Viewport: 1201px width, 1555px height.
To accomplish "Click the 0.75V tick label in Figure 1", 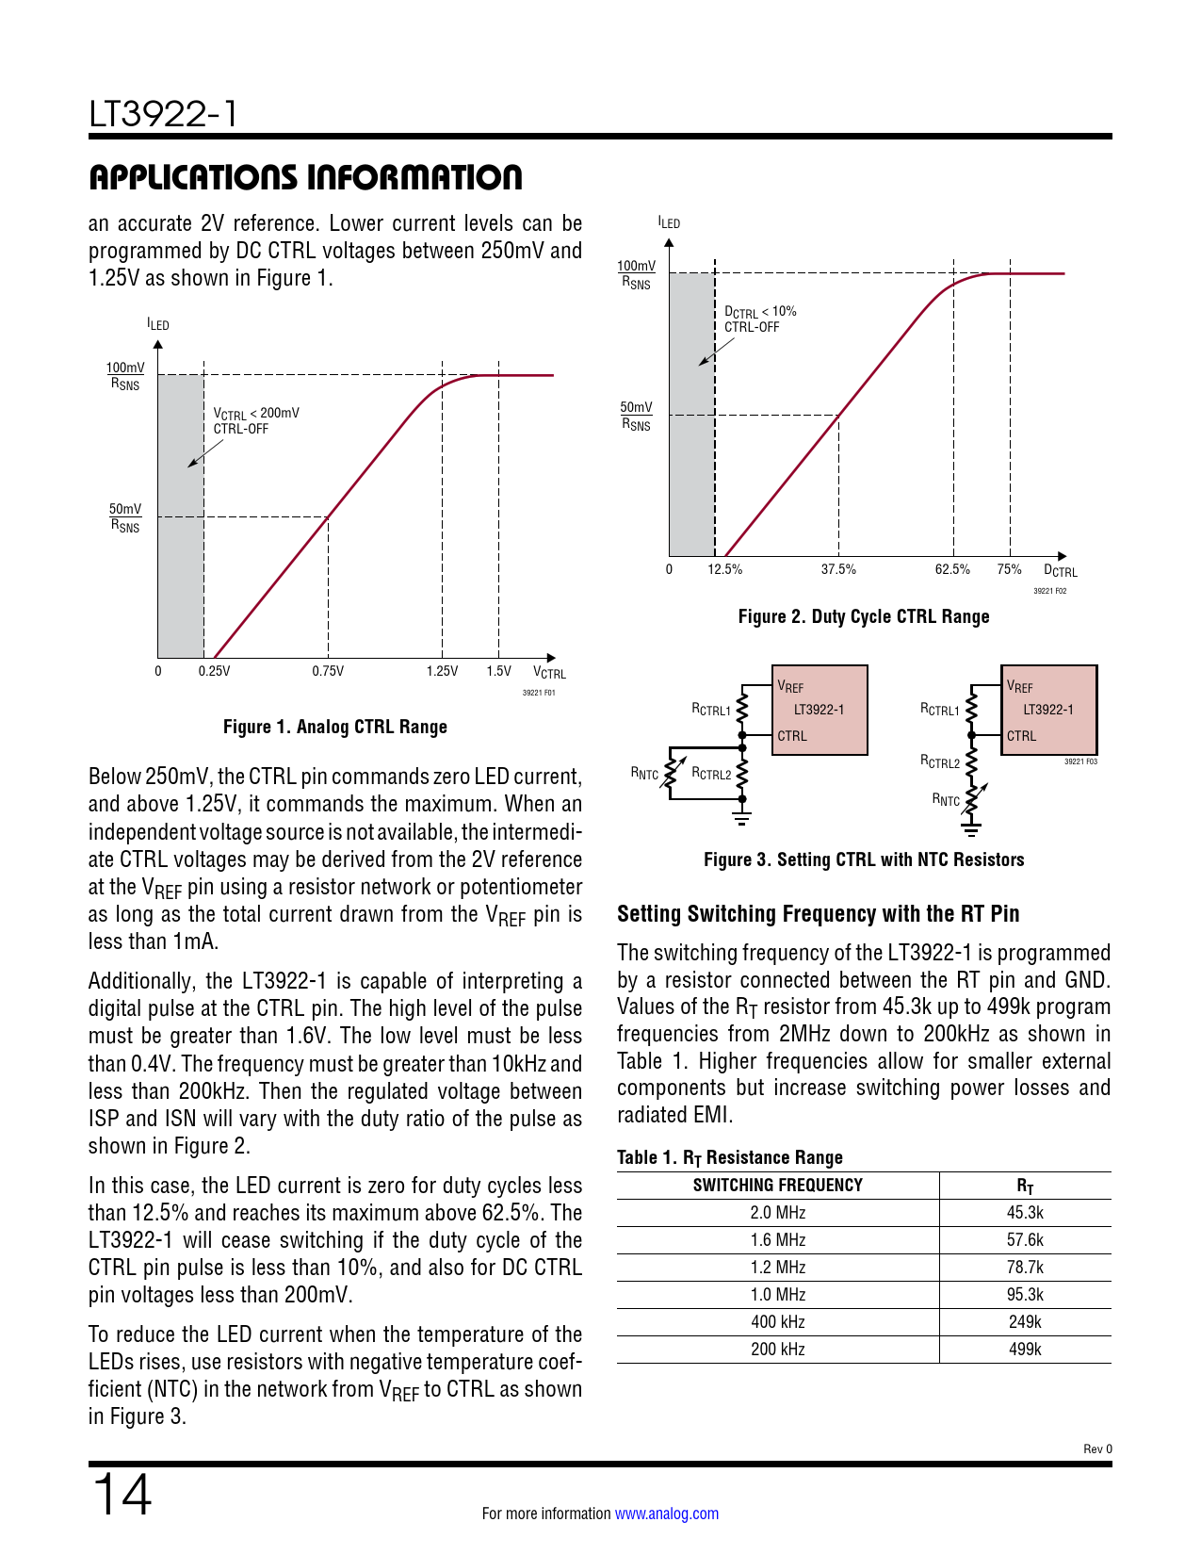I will tap(328, 671).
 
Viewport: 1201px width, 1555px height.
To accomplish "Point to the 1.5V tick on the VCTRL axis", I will tap(498, 671).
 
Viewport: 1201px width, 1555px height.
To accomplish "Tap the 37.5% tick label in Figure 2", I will tap(838, 569).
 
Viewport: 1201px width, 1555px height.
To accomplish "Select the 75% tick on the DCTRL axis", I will tap(1009, 569).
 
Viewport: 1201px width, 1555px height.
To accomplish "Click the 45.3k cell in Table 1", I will tap(1025, 1213).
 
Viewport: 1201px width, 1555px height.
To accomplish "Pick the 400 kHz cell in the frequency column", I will tap(777, 1322).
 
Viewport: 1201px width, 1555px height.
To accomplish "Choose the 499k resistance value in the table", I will tap(1025, 1350).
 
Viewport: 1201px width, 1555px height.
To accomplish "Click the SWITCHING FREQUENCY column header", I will tap(777, 1186).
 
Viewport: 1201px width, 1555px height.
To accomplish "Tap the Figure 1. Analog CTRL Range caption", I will tap(334, 727).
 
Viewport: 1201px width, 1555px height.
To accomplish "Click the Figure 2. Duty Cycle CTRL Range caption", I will tap(863, 616).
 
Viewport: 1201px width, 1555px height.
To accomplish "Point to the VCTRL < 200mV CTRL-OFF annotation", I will tap(255, 420).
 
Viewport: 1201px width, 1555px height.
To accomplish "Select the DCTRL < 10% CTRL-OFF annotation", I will tap(759, 319).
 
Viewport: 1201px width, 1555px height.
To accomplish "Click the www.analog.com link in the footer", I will tap(666, 1514).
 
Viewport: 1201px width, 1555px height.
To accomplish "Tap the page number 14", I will tap(121, 1495).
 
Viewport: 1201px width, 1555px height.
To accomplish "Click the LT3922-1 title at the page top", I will tap(163, 114).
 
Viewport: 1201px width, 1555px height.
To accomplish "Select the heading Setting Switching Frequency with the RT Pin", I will tap(818, 914).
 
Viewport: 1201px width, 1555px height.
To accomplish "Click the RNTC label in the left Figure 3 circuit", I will tap(644, 774).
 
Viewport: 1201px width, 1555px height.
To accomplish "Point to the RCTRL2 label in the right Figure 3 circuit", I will tap(939, 761).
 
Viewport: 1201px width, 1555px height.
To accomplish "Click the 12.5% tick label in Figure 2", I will tap(724, 569).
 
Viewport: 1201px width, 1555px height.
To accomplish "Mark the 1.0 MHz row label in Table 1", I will tap(777, 1295).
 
